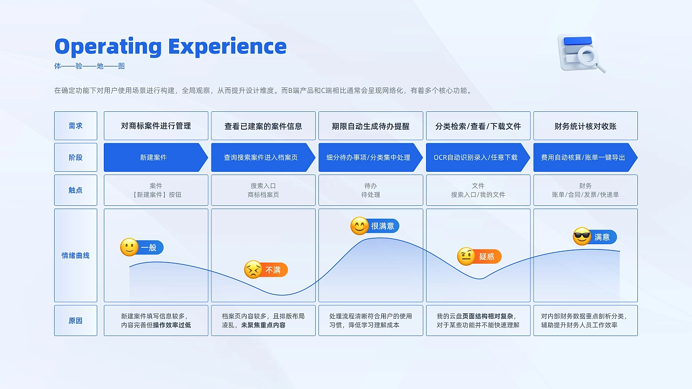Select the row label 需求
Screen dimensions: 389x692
coord(76,126)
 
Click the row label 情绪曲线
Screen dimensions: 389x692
coord(76,256)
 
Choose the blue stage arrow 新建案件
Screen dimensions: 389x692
coord(154,158)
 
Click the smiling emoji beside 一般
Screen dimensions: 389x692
coord(129,247)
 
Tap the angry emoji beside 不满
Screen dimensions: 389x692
coord(253,270)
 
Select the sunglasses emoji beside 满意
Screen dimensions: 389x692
coord(582,237)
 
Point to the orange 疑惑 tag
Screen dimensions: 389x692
coord(487,257)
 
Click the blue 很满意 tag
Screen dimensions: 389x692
coord(383,226)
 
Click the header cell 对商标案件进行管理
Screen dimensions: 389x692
coord(156,126)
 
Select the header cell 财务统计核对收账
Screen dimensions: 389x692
coord(585,126)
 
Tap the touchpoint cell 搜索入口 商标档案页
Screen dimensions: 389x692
coord(263,190)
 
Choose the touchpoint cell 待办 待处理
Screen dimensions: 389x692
coord(371,190)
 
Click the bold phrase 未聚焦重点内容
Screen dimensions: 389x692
coord(263,325)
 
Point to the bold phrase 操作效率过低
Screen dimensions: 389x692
coord(172,325)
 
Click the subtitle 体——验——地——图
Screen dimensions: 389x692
coord(90,66)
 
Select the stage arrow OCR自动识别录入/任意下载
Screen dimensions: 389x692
coord(476,158)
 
